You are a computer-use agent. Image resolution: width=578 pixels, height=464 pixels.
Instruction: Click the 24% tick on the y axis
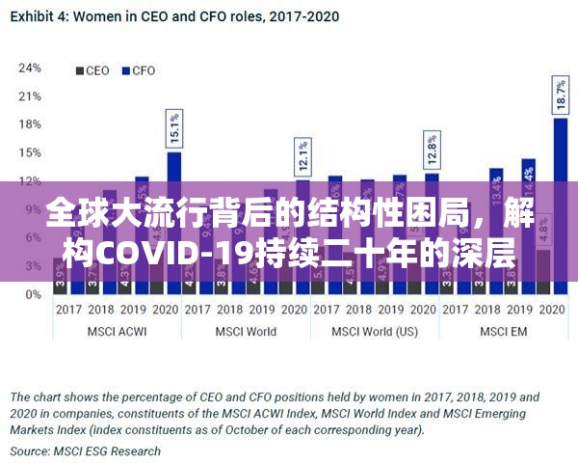coord(30,68)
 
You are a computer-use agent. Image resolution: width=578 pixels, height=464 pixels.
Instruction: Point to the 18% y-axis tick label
coord(30,124)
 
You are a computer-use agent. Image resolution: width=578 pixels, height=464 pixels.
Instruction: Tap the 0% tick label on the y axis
coord(33,294)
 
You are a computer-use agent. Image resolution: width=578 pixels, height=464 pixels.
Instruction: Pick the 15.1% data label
coord(174,127)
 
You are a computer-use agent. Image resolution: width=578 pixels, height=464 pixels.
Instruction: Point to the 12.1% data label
coord(302,155)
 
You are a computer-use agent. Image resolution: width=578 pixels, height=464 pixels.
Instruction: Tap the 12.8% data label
coord(432,150)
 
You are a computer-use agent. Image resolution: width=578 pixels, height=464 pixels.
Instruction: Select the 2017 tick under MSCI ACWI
coord(67,310)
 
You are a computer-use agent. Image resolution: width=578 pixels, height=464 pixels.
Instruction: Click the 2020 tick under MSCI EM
coord(552,310)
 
